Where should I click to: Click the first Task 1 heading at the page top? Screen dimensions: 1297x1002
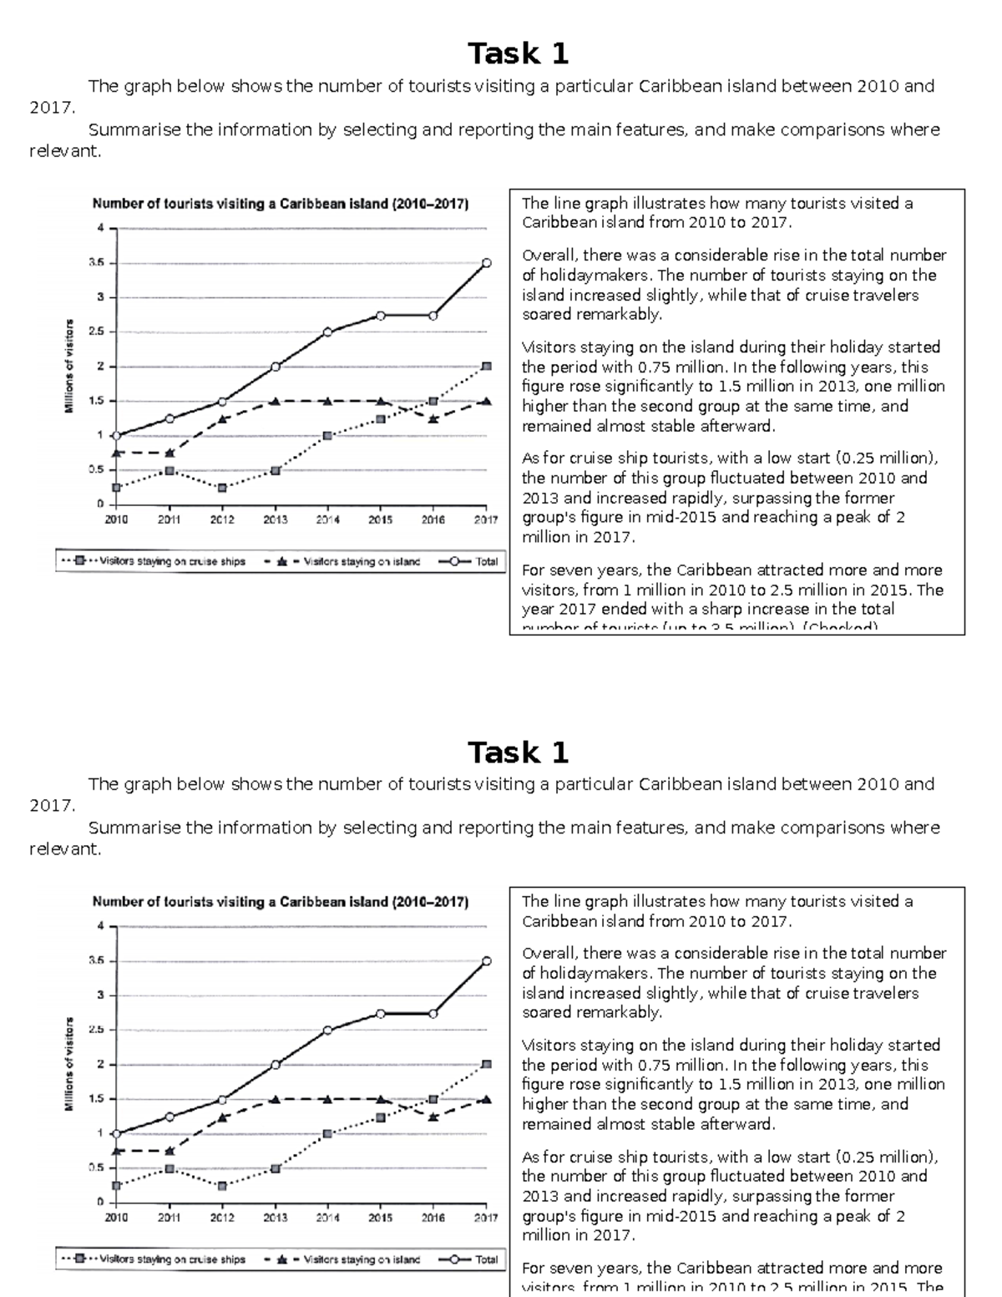point(518,53)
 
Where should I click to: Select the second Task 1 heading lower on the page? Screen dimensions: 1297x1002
point(518,752)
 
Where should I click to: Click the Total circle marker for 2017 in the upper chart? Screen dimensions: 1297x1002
point(486,263)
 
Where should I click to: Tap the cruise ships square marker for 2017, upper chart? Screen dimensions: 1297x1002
point(487,367)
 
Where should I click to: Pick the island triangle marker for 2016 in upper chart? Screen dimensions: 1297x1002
point(433,418)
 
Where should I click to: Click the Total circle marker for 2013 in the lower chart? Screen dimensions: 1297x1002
point(275,1065)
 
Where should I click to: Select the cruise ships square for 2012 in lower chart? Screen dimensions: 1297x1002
point(221,1186)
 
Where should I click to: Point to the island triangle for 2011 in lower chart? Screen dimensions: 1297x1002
point(170,1151)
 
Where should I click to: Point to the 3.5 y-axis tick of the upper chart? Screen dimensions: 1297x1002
point(98,262)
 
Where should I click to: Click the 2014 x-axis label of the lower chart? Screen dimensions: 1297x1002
point(327,1218)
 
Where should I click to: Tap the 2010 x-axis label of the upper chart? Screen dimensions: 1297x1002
point(116,519)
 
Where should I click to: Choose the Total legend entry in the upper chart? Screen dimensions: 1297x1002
point(468,562)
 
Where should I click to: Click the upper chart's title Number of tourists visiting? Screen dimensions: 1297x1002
point(280,204)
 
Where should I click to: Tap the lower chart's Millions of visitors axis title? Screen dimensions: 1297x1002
point(69,1064)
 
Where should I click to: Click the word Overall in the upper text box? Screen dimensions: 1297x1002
point(549,256)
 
